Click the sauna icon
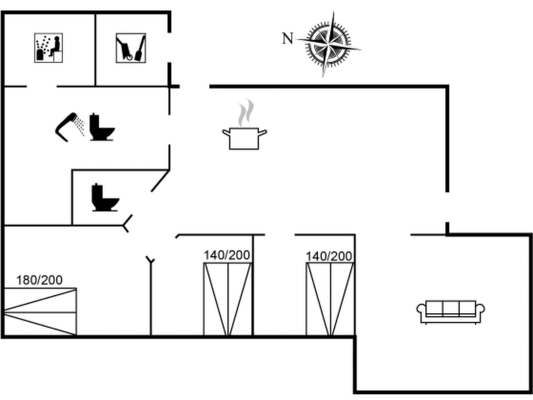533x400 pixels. tap(48, 48)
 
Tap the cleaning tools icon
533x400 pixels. tap(131, 48)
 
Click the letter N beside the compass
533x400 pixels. tap(288, 39)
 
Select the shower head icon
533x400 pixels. tap(69, 127)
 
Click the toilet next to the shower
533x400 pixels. tap(101, 127)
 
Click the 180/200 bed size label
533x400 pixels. tap(39, 280)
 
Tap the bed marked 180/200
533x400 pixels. tap(40, 311)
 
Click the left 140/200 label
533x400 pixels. tap(227, 255)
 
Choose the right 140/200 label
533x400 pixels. tap(329, 256)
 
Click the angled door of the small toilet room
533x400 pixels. tap(160, 181)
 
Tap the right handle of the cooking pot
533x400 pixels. tap(263, 133)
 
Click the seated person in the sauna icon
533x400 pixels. tap(55, 46)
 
